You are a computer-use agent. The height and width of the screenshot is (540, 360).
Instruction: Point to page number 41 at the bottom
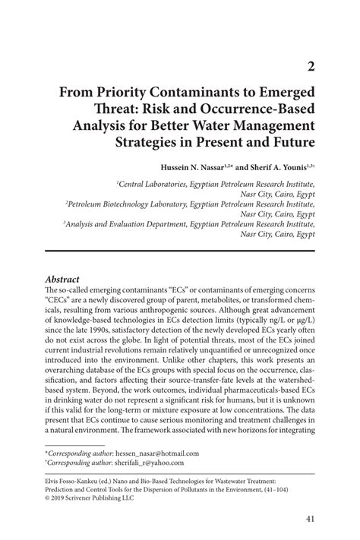click(x=310, y=519)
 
